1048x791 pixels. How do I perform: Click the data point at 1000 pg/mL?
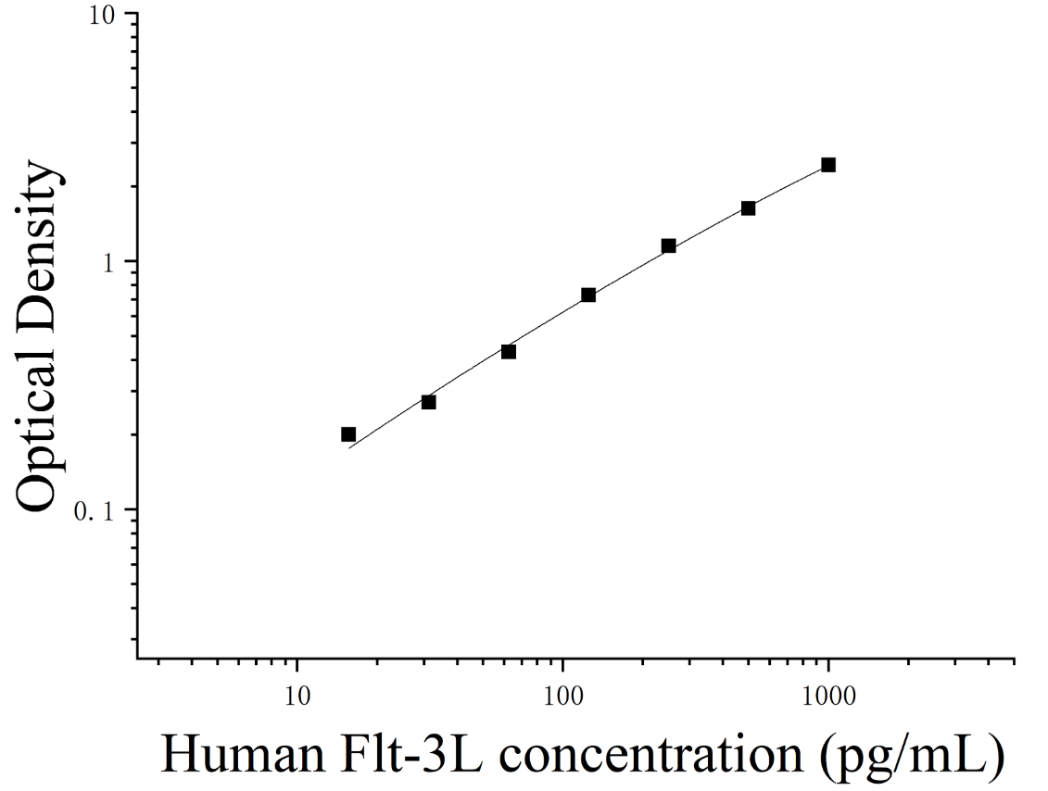tap(828, 165)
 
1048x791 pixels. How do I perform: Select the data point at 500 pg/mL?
tap(748, 208)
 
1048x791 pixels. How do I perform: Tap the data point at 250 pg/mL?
tap(668, 245)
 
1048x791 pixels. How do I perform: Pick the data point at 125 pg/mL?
tap(588, 295)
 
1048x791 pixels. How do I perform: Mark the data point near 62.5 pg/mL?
tap(509, 351)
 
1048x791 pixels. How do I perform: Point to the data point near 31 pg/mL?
tap(428, 402)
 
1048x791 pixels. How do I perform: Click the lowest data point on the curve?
tap(348, 434)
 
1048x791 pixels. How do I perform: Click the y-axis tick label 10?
tap(103, 15)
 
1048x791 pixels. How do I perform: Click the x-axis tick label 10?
tap(297, 697)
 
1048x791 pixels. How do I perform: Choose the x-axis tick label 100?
tap(562, 697)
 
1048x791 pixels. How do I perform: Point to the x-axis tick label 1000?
tap(828, 697)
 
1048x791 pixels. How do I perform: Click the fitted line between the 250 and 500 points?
tap(709, 229)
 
